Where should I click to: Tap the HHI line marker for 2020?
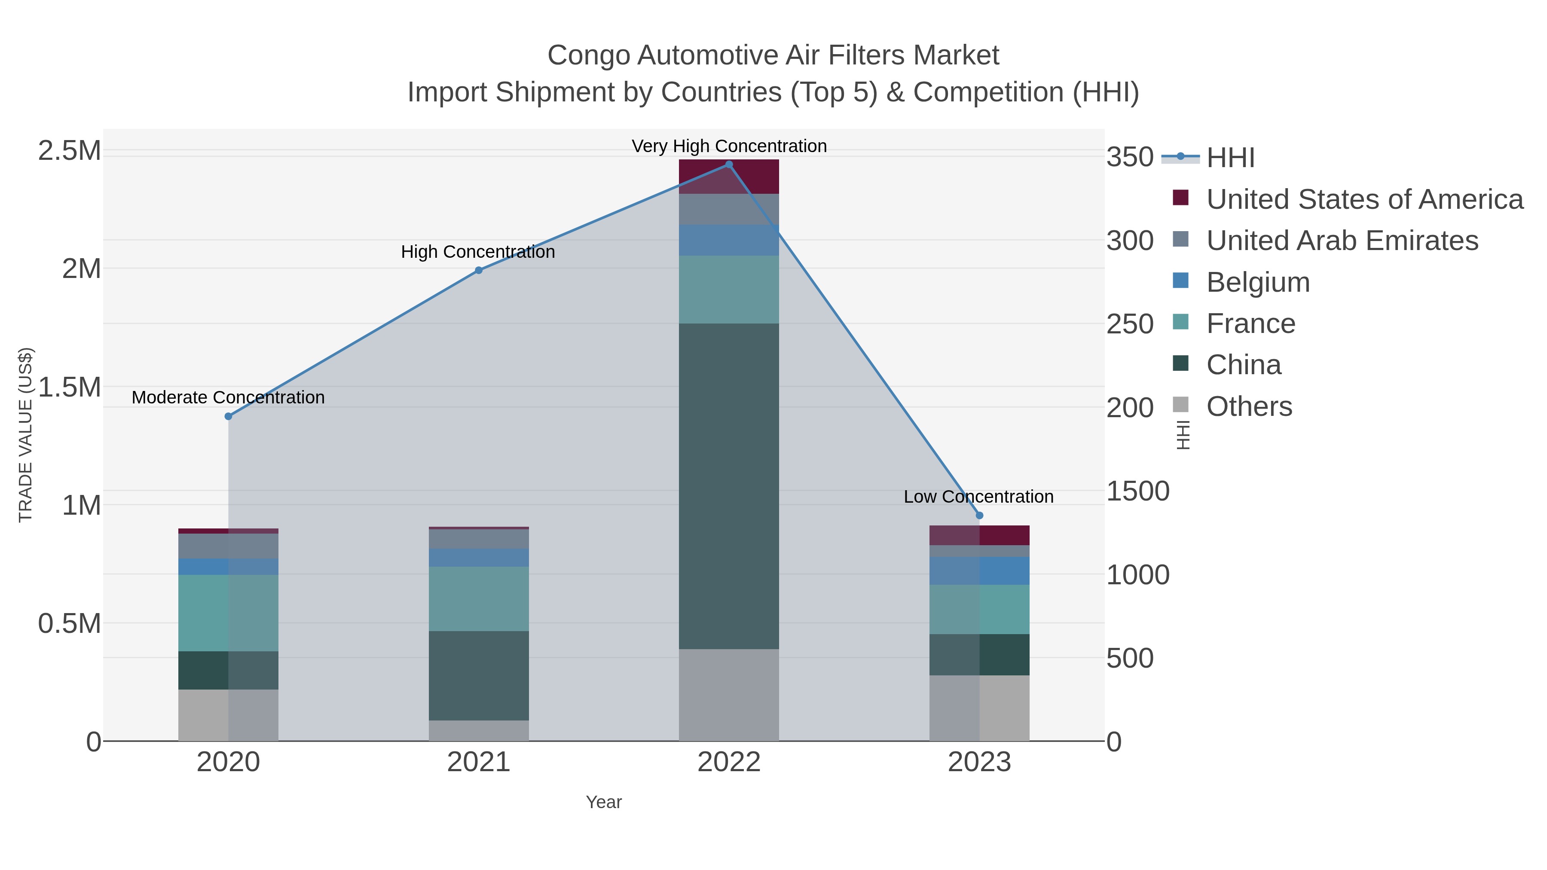point(228,416)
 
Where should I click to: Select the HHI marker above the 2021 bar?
point(479,270)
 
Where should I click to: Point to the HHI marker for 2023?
point(979,515)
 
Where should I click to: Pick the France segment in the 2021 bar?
point(479,598)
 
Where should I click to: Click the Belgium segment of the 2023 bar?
point(979,571)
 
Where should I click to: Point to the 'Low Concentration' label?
point(978,497)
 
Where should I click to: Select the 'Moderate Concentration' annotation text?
point(228,397)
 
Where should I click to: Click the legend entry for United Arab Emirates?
point(1342,240)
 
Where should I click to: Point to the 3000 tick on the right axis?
point(1130,241)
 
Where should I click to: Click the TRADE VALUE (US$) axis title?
point(25,435)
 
